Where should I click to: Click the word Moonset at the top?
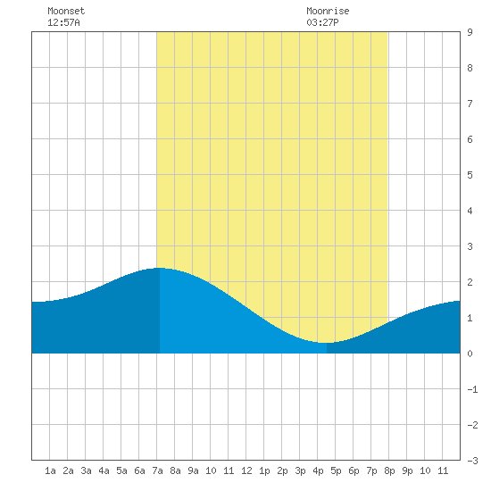point(66,11)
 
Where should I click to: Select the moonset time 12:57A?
point(63,22)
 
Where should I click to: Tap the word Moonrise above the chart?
point(328,11)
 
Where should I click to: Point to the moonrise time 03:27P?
point(322,22)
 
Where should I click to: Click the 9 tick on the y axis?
point(470,32)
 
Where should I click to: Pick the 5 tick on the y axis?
point(470,175)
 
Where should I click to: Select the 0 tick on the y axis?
point(470,354)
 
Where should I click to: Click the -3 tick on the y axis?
point(472,461)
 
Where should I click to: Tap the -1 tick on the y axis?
point(472,389)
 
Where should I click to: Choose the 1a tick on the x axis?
point(50,470)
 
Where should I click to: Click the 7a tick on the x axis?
point(157,470)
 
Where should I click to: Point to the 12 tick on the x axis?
point(246,470)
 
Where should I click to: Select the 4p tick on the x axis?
point(318,470)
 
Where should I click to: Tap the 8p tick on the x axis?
point(389,470)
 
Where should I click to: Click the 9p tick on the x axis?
point(407,470)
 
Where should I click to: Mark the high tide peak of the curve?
point(160,268)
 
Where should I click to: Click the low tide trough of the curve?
point(326,343)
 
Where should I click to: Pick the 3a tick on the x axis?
point(86,470)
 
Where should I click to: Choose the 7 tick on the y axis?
point(470,104)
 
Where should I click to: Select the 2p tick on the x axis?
point(282,470)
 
